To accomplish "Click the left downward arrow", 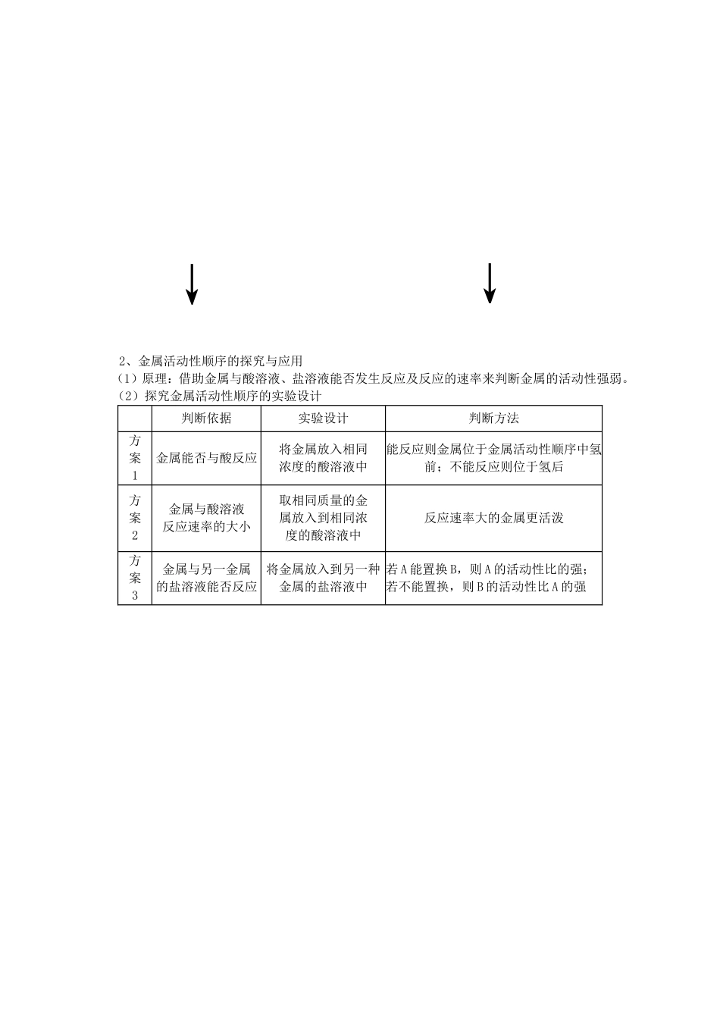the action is pyautogui.click(x=193, y=284).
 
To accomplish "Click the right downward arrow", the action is pyautogui.click(x=490, y=283).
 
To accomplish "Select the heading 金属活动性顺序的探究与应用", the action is pyautogui.click(x=211, y=360).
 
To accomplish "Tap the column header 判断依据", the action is pyautogui.click(x=206, y=419).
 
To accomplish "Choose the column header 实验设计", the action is pyautogui.click(x=323, y=419).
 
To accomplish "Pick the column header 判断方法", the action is pyautogui.click(x=493, y=419).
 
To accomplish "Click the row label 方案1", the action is pyautogui.click(x=135, y=458).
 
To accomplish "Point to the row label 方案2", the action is pyautogui.click(x=135, y=518).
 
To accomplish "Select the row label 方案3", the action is pyautogui.click(x=135, y=578).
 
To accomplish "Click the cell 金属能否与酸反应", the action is pyautogui.click(x=206, y=458).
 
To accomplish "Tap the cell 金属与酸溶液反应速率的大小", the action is pyautogui.click(x=206, y=518).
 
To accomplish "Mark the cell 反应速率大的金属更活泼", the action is pyautogui.click(x=493, y=518).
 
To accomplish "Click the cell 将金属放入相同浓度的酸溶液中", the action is pyautogui.click(x=323, y=458).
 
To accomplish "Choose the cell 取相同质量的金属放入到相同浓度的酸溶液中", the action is pyautogui.click(x=323, y=518).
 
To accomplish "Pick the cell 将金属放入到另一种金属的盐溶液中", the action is pyautogui.click(x=323, y=578).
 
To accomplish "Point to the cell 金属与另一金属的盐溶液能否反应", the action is pyautogui.click(x=206, y=578).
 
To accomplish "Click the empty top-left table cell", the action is pyautogui.click(x=135, y=419).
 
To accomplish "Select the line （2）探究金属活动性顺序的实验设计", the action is pyautogui.click(x=220, y=396).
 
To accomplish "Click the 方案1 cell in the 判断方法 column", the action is pyautogui.click(x=493, y=458).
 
